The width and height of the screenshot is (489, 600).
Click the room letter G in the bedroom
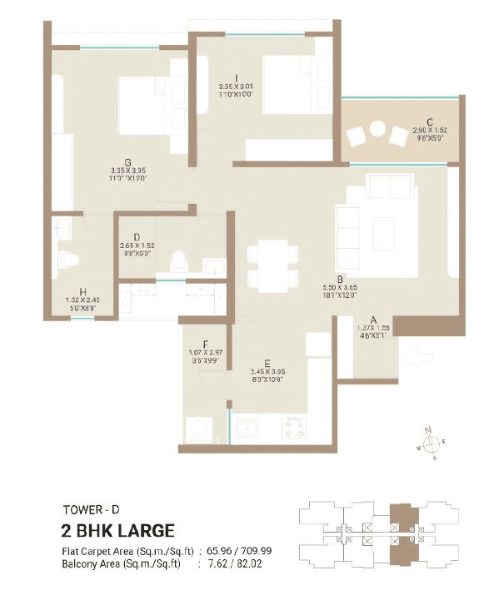coord(127,163)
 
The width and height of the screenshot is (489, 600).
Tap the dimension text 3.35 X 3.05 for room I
coord(226,86)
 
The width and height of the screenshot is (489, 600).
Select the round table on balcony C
coord(377,130)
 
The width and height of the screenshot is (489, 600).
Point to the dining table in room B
coord(272,266)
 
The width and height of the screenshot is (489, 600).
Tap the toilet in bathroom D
coord(177,264)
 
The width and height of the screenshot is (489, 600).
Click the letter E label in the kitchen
coord(267,362)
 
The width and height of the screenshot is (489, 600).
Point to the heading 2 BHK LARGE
coord(117,531)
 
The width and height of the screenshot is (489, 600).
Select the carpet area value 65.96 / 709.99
coord(246,551)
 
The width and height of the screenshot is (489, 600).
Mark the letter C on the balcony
coord(428,121)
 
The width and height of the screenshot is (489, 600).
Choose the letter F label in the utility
coord(204,343)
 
